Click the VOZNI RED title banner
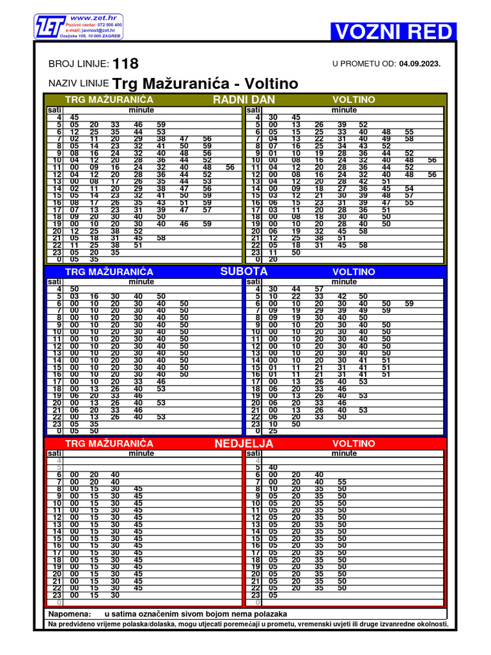tap(393, 31)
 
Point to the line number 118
tap(125, 64)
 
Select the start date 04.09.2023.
tap(420, 64)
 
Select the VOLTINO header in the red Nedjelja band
tap(354, 443)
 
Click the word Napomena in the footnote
tap(70, 613)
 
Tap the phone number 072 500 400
tap(111, 24)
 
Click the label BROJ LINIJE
tap(79, 65)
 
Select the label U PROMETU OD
tap(364, 64)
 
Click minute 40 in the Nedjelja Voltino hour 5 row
tap(273, 468)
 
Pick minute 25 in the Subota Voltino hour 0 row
tap(273, 431)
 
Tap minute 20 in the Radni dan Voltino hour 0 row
tap(273, 259)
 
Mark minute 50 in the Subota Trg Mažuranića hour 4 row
tap(75, 289)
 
